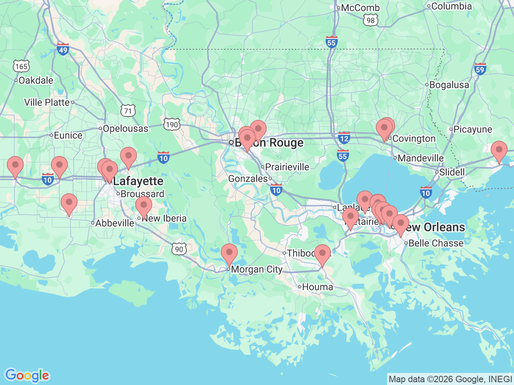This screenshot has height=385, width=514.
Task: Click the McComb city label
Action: point(360,8)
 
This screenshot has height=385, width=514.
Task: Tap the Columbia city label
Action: point(451,6)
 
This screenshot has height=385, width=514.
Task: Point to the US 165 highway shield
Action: point(21,66)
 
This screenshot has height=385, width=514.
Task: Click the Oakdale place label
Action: point(36,80)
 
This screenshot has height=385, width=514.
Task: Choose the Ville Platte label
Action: point(47,102)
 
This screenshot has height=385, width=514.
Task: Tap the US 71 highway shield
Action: point(128,111)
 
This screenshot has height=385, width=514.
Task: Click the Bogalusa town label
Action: point(449,85)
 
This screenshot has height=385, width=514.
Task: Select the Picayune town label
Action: point(473,129)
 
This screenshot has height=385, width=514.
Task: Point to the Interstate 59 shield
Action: point(480,69)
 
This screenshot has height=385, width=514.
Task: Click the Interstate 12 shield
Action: point(344,138)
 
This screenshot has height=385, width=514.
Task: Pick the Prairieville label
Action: point(287,167)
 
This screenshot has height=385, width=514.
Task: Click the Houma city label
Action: point(317,287)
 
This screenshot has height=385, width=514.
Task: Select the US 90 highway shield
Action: point(179,249)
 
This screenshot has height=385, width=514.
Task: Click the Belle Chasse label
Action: point(436,243)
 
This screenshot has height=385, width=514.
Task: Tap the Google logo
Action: point(27,376)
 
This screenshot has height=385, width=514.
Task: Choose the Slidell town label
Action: point(452,172)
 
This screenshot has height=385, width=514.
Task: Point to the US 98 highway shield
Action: point(370,20)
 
